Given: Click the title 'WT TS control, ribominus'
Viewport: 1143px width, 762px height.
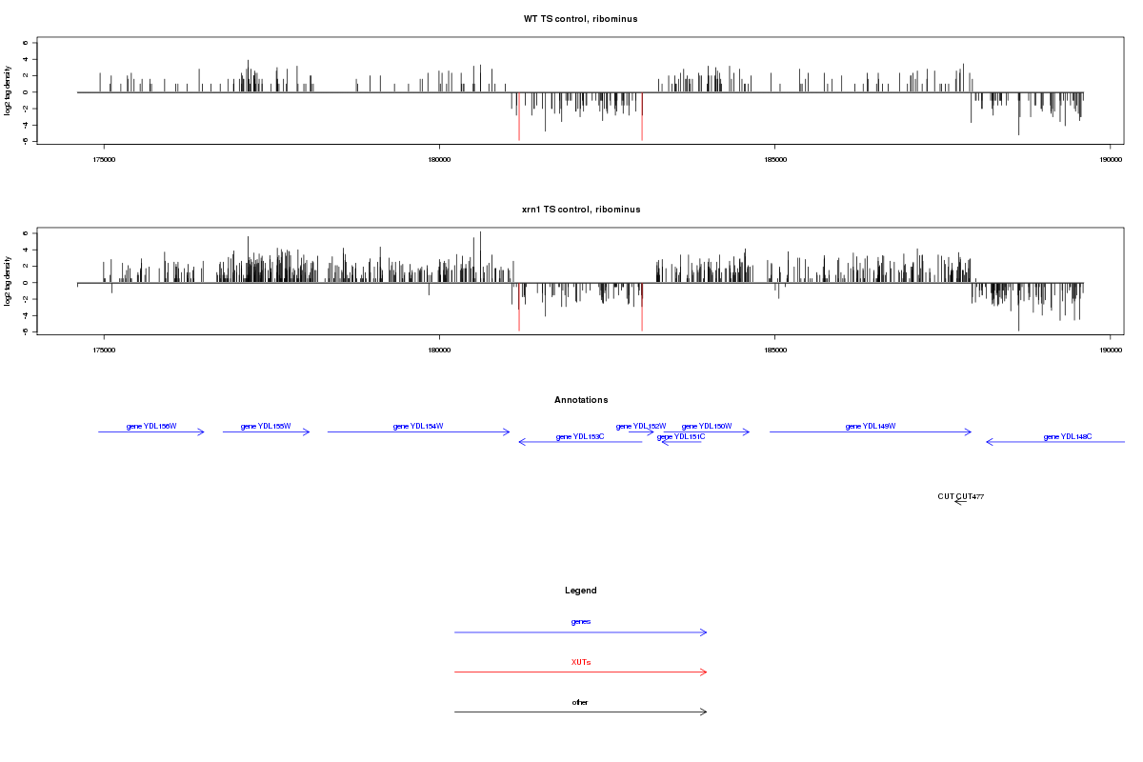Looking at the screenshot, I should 580,19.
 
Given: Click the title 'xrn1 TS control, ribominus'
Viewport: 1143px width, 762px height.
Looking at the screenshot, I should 580,209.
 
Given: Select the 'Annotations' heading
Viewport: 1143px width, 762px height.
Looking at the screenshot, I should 580,400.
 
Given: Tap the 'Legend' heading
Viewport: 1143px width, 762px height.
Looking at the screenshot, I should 580,591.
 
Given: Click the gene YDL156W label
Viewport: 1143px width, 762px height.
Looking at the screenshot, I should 151,426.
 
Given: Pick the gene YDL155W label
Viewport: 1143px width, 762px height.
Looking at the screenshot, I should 266,426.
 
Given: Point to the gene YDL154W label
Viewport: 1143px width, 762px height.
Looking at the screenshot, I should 418,426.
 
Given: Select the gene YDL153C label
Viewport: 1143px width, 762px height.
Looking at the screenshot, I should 580,437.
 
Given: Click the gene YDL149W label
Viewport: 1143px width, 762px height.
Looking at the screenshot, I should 871,426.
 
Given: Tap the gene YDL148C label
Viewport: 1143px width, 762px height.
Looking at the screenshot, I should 1068,437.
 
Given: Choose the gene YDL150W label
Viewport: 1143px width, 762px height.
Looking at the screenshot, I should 707,426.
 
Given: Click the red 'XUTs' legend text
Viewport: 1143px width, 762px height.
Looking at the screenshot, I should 580,662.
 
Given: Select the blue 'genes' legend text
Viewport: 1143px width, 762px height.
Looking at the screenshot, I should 580,622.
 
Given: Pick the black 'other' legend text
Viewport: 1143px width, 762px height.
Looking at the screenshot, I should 580,702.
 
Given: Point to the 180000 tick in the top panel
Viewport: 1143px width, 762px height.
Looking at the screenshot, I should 439,159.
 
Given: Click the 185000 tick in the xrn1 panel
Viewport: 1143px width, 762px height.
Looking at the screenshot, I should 775,350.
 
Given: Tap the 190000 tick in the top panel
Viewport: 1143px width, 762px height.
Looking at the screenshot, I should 1111,159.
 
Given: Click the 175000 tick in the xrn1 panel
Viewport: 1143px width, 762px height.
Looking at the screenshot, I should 104,350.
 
